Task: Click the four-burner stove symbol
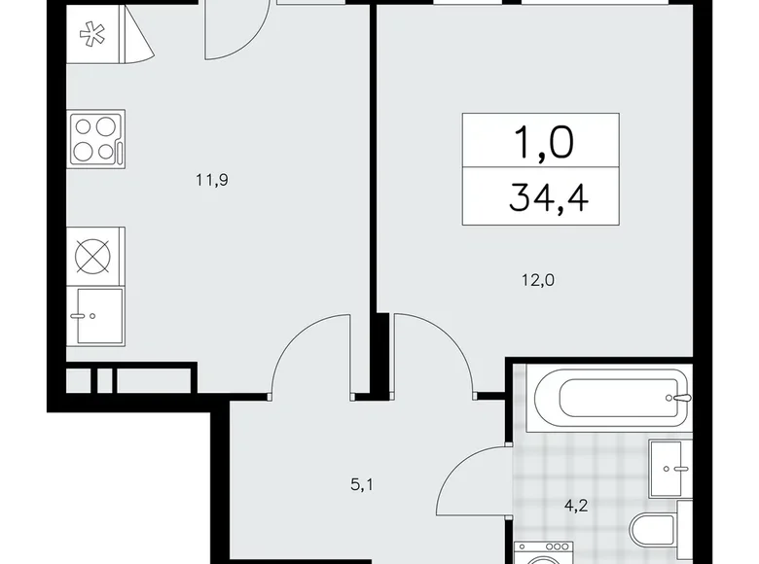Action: (94, 139)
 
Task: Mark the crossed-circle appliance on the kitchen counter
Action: (95, 256)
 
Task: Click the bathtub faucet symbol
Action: (683, 397)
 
